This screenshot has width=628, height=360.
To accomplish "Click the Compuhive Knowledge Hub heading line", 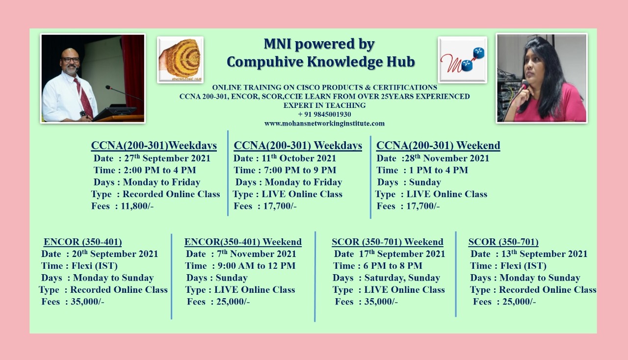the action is tap(321, 62).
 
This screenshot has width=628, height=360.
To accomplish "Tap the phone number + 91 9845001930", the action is tap(324, 114).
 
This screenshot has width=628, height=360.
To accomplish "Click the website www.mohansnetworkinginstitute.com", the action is tap(324, 124).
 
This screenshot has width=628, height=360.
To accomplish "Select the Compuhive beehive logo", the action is tap(180, 60).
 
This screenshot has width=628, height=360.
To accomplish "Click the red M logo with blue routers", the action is tap(463, 60).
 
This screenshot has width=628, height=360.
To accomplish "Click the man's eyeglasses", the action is tap(70, 60).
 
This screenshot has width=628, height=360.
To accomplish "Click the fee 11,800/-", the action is tap(137, 206).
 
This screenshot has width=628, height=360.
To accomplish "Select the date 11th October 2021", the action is tap(299, 158).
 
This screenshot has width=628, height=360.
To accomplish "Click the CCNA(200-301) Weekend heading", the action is tap(438, 146).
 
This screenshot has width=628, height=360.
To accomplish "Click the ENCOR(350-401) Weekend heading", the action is tap(243, 242).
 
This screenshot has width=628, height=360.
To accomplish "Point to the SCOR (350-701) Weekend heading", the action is tap(388, 242).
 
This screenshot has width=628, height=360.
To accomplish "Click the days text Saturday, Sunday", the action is tap(402, 278).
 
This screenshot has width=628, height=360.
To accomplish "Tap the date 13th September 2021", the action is tap(544, 254).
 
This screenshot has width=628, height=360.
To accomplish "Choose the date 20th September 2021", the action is tap(115, 254).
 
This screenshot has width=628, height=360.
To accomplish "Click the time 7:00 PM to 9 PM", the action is tap(300, 170).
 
